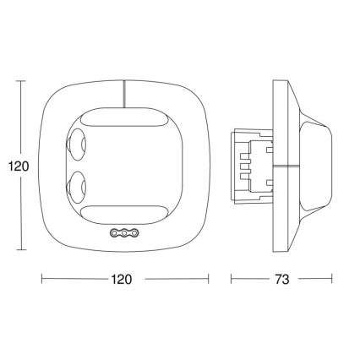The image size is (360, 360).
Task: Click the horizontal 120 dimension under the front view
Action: pos(125,278)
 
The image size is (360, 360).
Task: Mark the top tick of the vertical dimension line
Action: pos(20,81)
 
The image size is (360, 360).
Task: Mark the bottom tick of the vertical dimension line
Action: pos(20,251)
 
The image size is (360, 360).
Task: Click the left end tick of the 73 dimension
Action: pos(232,278)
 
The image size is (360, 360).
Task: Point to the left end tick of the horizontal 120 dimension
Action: pos(41,278)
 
